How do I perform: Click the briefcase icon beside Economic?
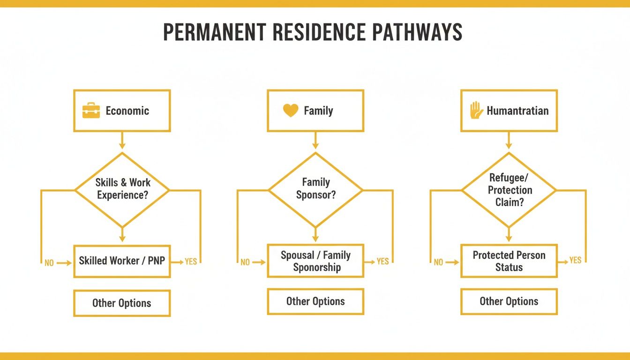pyautogui.click(x=91, y=111)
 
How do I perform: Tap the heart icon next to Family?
pyautogui.click(x=291, y=111)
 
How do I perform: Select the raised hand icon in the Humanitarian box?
pyautogui.click(x=476, y=111)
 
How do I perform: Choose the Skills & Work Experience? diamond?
pyautogui.click(x=122, y=189)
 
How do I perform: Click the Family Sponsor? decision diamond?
pyautogui.click(x=315, y=189)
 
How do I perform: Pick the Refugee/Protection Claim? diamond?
pyautogui.click(x=510, y=190)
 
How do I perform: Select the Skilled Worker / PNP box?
pyautogui.click(x=122, y=261)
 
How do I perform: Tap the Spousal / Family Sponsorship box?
pyautogui.click(x=315, y=261)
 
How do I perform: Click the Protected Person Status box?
pyautogui.click(x=509, y=261)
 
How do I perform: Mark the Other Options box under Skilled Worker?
pyautogui.click(x=122, y=303)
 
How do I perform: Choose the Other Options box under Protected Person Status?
pyautogui.click(x=509, y=301)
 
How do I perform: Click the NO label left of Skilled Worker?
pyautogui.click(x=49, y=263)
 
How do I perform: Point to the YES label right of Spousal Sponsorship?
pyautogui.click(x=383, y=261)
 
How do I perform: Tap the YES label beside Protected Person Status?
pyautogui.click(x=576, y=260)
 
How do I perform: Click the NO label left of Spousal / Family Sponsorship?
pyautogui.click(x=245, y=262)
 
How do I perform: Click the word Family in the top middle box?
pyautogui.click(x=318, y=111)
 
